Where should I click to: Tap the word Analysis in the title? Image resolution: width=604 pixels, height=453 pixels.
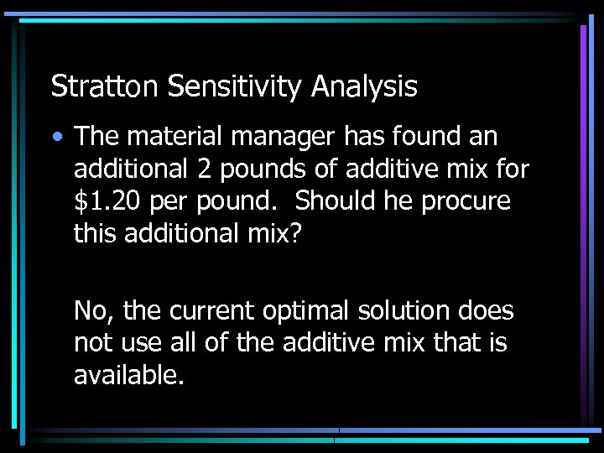(365, 86)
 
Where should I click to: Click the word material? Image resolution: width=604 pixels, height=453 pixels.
(171, 136)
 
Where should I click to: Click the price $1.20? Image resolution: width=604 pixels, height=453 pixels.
(103, 201)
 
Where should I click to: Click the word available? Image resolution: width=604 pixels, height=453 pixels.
(128, 376)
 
